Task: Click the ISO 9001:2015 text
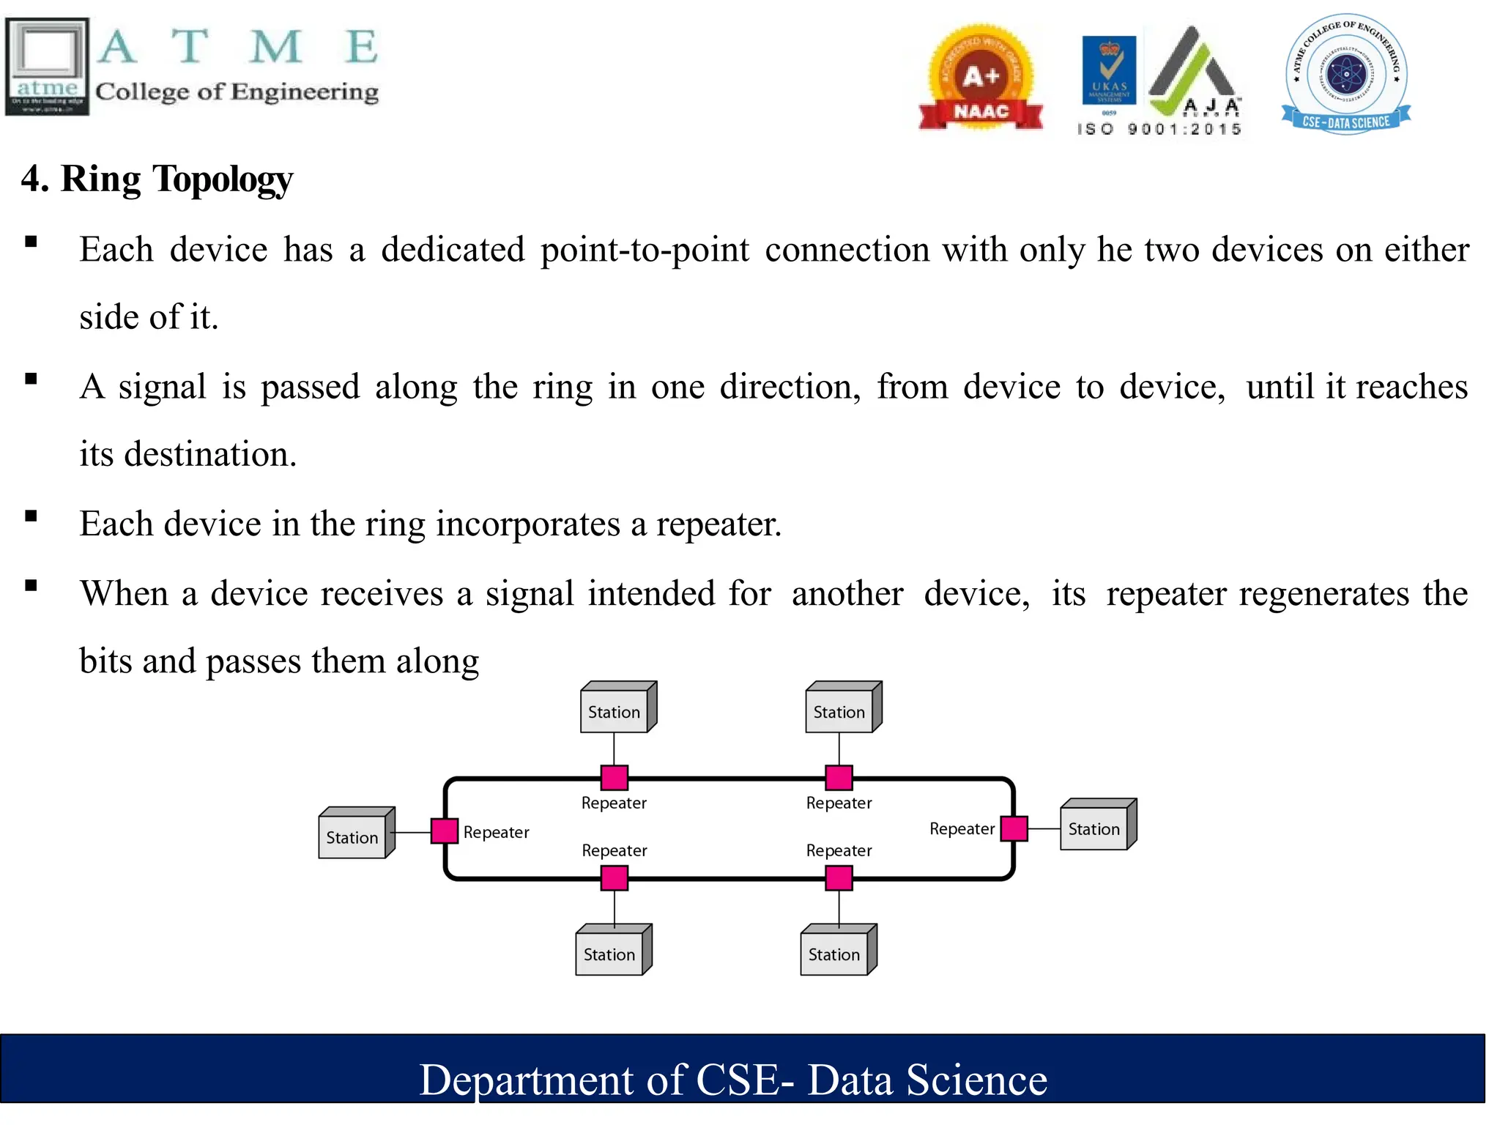[1159, 130]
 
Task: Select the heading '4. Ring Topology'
[157, 179]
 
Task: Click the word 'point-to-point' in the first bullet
[645, 250]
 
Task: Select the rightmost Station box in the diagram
[1096, 826]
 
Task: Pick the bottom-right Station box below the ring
[836, 951]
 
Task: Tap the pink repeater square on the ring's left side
[445, 831]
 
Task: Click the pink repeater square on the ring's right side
[1014, 828]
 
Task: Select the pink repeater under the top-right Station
[839, 777]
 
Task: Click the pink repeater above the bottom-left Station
[614, 877]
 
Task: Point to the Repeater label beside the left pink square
[496, 833]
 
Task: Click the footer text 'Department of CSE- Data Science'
[732, 1080]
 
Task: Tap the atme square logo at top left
[47, 67]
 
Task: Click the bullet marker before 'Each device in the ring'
[31, 516]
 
